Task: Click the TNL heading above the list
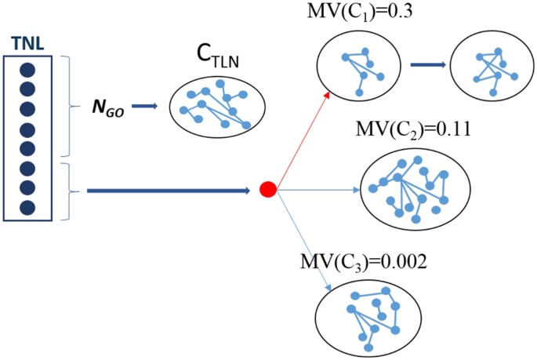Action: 27,40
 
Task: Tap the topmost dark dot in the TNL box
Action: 27,67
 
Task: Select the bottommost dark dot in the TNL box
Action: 27,208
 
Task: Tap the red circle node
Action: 267,189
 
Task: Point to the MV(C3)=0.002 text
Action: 363,261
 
